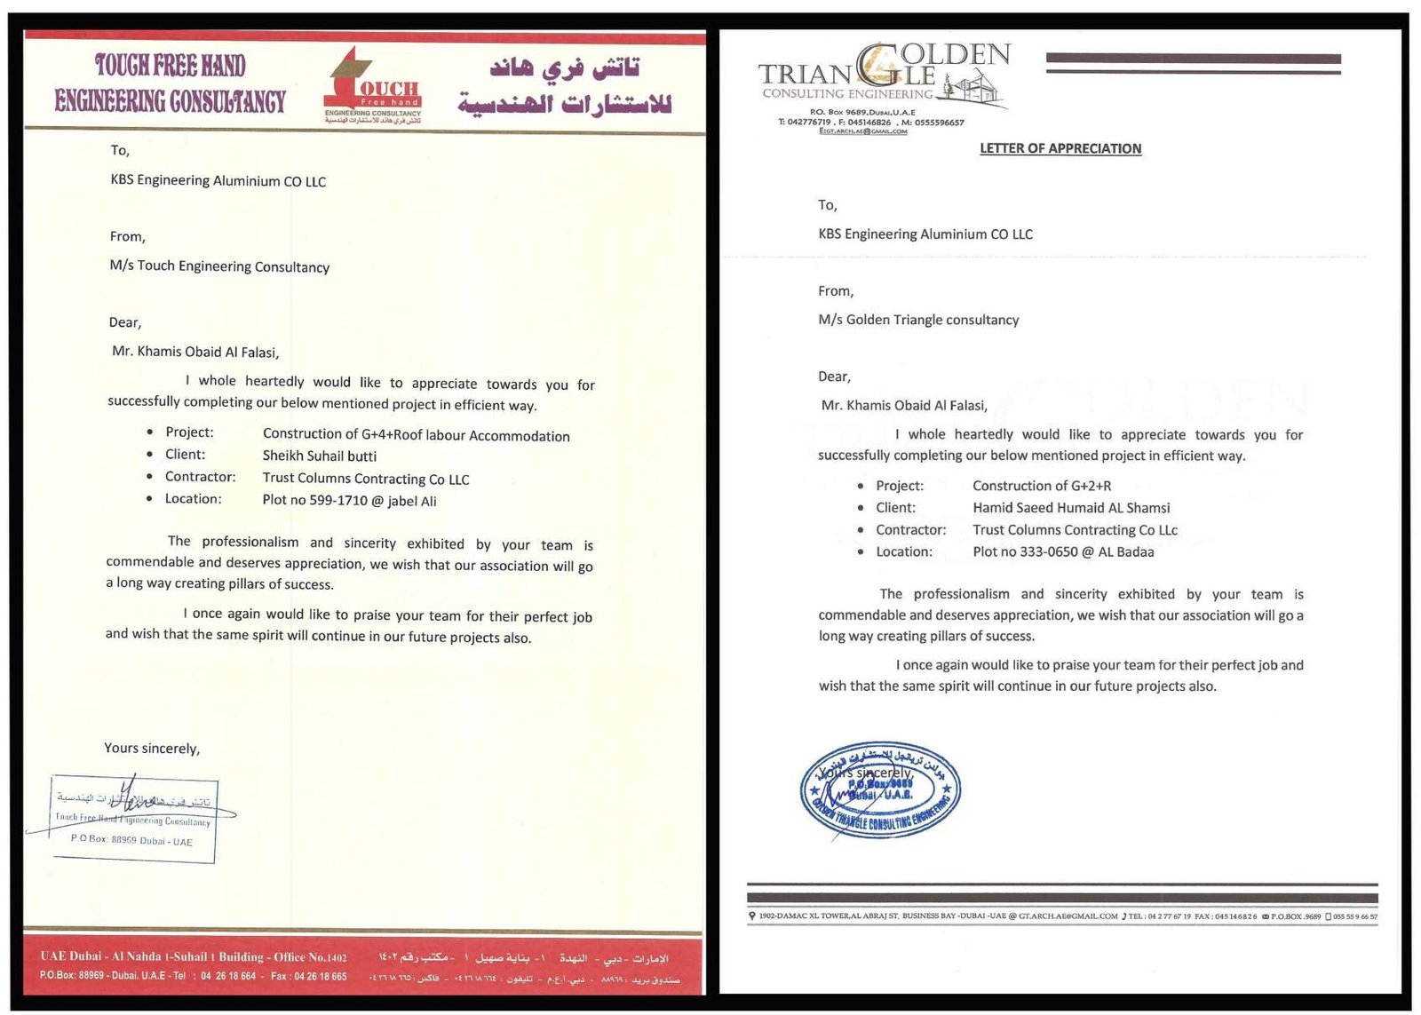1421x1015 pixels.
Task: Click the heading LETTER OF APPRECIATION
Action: [x=1060, y=148]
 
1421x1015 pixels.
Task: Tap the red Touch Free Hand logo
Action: [x=372, y=87]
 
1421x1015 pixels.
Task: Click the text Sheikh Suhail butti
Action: [x=320, y=456]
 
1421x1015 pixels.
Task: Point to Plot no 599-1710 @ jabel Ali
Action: [x=349, y=500]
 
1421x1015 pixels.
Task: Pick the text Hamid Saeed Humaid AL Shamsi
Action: [x=1071, y=508]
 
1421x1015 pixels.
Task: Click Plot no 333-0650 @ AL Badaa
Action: [x=1063, y=551]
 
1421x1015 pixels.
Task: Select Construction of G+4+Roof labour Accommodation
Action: [x=416, y=434]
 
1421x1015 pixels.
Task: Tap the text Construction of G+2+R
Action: [x=1042, y=486]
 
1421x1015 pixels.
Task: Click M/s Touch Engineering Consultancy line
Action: [x=219, y=266]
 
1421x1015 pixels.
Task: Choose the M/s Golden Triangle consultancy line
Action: [x=918, y=320]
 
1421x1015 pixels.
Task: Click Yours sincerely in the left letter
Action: [x=152, y=748]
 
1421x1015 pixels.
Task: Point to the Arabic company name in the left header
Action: [x=564, y=86]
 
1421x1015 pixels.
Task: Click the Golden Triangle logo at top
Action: [x=885, y=76]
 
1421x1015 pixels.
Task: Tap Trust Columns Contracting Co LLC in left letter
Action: [x=366, y=479]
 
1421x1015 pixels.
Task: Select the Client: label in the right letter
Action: [x=895, y=508]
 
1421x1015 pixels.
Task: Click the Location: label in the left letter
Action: [x=193, y=499]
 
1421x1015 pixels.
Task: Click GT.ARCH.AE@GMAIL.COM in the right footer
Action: [x=1068, y=916]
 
